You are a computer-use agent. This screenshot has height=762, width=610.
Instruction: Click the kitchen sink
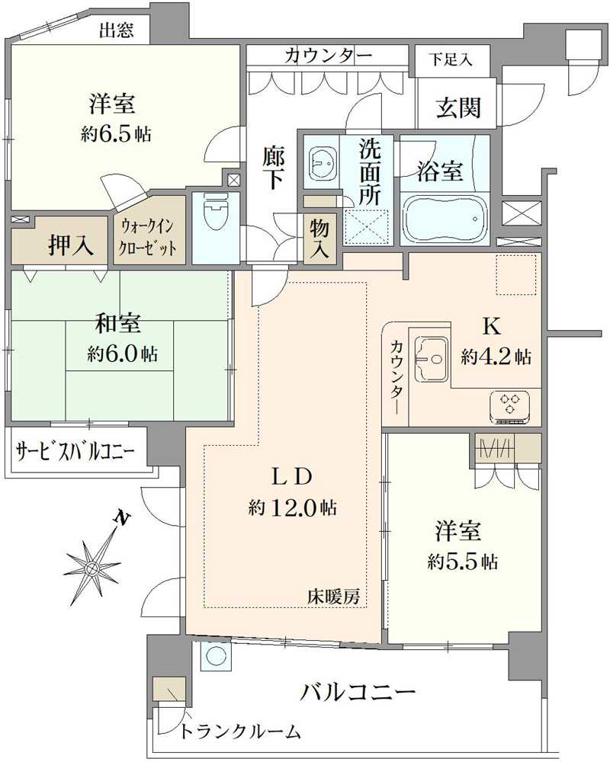point(429,356)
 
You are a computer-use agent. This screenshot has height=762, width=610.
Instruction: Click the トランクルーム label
point(241,732)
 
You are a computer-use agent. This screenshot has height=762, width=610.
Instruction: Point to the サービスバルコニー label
point(75,450)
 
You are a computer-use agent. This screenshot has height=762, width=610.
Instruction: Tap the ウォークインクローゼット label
point(149,237)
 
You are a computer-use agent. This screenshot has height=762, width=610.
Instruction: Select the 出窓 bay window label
point(117,30)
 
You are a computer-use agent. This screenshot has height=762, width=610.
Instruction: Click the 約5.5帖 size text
point(463,562)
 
